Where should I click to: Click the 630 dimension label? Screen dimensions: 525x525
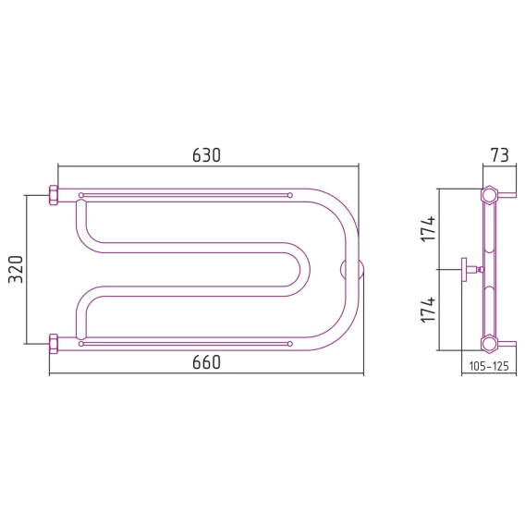pos(207,155)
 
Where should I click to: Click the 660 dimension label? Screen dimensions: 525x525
pos(207,362)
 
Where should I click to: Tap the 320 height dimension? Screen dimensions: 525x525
pos(16,269)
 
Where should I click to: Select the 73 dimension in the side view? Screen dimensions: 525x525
pos(499,155)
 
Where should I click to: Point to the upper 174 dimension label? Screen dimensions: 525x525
pos(428,229)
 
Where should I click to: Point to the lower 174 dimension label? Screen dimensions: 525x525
pos(428,310)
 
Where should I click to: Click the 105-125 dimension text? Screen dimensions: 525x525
pos(489,366)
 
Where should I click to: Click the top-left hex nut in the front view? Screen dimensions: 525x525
pos(54,195)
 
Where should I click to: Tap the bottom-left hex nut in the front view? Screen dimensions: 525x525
pos(54,344)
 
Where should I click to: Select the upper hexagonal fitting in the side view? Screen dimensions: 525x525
pos(489,194)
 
